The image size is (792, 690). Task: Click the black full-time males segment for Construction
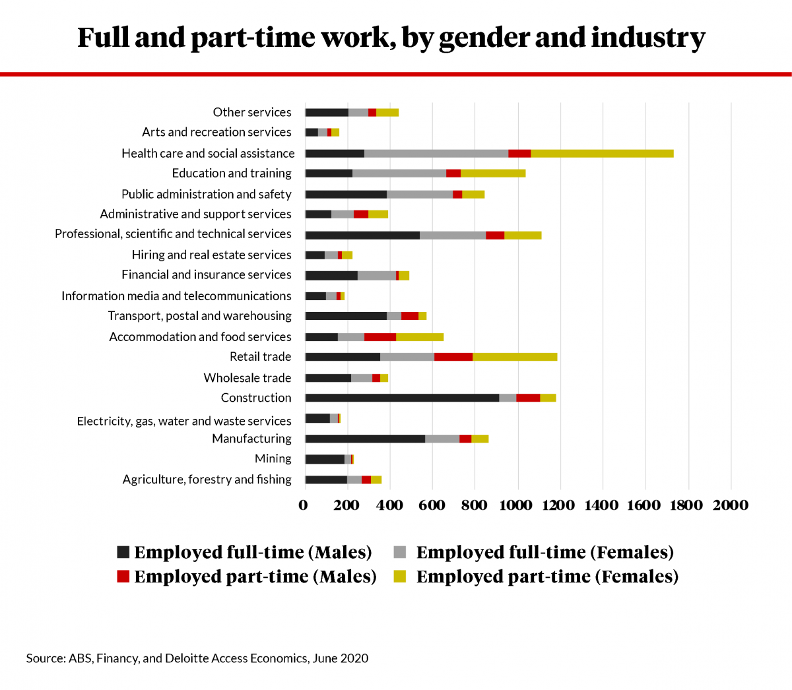point(402,398)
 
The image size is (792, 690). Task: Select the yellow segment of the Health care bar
point(602,154)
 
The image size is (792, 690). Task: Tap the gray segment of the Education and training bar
point(399,173)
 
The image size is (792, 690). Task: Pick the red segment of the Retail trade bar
point(453,357)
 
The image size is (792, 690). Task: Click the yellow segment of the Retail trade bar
point(515,357)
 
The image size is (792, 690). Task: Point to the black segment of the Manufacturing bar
point(365,439)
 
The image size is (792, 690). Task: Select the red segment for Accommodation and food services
point(379,337)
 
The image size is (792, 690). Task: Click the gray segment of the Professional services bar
point(453,235)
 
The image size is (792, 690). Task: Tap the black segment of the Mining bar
point(325,459)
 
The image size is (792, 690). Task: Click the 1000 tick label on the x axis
point(515,505)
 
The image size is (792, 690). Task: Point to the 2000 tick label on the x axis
point(730,505)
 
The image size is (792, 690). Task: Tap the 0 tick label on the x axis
point(303,505)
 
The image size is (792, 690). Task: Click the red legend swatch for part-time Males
point(123,576)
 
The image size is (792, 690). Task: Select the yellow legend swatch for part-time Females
point(400,576)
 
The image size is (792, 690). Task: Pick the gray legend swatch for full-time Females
point(400,552)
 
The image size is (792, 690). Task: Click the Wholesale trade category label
point(247,378)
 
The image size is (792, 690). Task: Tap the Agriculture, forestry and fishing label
point(207,480)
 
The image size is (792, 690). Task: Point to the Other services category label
point(251,112)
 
